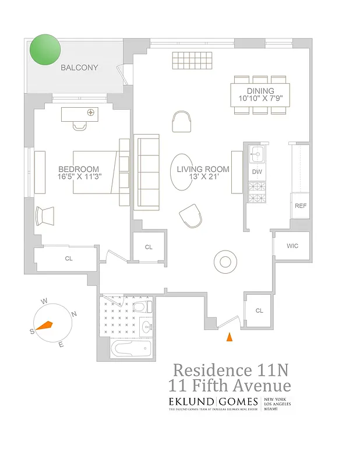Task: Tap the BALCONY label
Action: pyautogui.click(x=80, y=68)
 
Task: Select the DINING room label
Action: pyautogui.click(x=260, y=91)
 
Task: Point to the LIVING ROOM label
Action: pyautogui.click(x=203, y=170)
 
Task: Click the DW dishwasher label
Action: pyautogui.click(x=256, y=172)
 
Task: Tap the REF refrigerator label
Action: pyautogui.click(x=300, y=206)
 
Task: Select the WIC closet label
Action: pyautogui.click(x=292, y=246)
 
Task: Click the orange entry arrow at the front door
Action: pyautogui.click(x=230, y=336)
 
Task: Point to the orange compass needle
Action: pyautogui.click(x=44, y=327)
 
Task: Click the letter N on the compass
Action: pyautogui.click(x=74, y=314)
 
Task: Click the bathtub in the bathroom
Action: pyautogui.click(x=131, y=349)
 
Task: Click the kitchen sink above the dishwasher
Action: pyautogui.click(x=257, y=154)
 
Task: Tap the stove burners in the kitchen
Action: pyautogui.click(x=256, y=193)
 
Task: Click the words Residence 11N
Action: pyautogui.click(x=231, y=370)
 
